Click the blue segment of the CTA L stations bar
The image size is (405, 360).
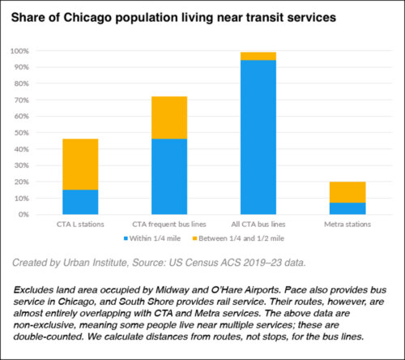(x=79, y=202)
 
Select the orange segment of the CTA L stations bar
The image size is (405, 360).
(x=79, y=164)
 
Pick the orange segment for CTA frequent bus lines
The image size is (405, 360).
(x=168, y=118)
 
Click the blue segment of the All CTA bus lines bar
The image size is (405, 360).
(x=258, y=137)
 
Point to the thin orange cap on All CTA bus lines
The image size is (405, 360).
(x=258, y=56)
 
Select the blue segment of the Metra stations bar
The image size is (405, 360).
(x=347, y=208)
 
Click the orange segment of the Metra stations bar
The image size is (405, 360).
(x=347, y=192)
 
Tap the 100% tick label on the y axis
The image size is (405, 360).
(x=19, y=51)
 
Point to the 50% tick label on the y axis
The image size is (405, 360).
(x=20, y=133)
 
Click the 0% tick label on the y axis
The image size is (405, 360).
(x=23, y=215)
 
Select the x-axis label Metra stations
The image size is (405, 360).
(x=347, y=224)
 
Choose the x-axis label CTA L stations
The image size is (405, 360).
(x=79, y=224)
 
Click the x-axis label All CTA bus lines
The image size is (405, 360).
(x=258, y=224)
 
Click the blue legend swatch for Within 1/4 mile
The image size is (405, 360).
(x=126, y=239)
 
